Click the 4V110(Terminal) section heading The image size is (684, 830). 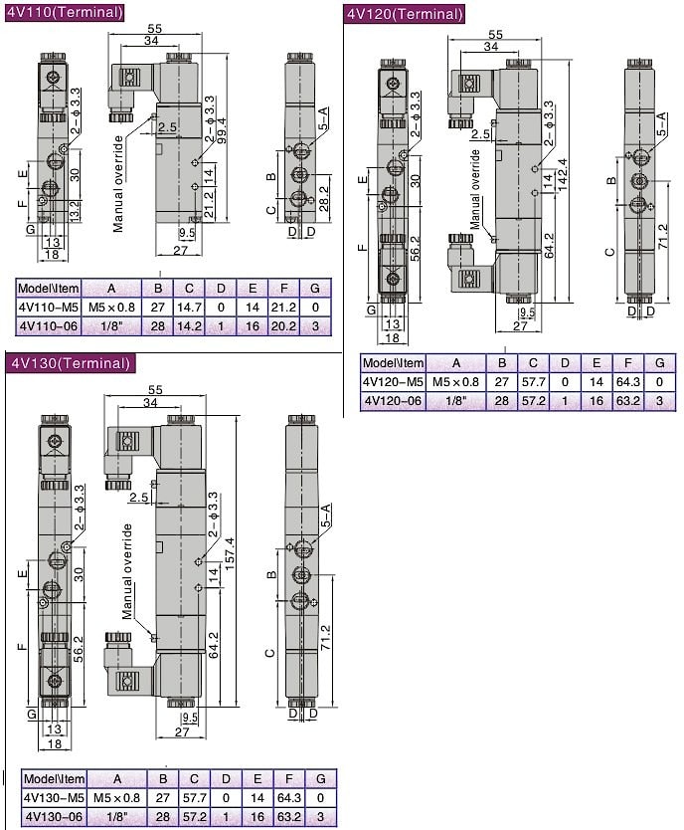coord(65,12)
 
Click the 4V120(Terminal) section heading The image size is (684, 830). coord(405,13)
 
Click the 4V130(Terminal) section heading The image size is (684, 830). coord(71,363)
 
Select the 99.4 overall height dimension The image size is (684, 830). coord(222,130)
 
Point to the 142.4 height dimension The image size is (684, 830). coord(562,175)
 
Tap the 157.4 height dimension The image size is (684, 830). coord(230,553)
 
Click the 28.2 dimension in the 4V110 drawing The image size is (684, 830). coord(323,198)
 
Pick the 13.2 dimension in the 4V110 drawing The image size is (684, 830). coord(75,210)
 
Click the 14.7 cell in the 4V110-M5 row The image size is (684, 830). coord(189,307)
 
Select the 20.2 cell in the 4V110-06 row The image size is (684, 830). coord(284,326)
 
